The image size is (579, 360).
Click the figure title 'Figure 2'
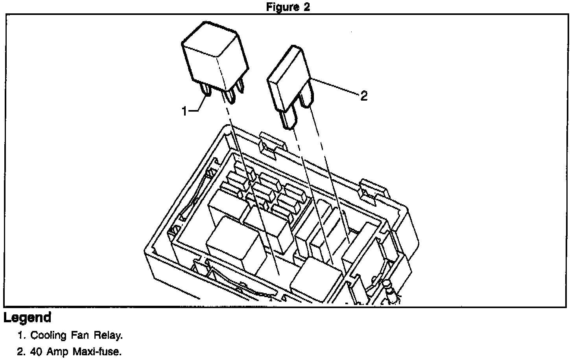coord(288,7)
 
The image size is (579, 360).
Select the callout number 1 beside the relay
coord(184,112)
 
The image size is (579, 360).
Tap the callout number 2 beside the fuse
coord(364,96)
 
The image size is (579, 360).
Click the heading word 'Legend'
coord(28,317)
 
